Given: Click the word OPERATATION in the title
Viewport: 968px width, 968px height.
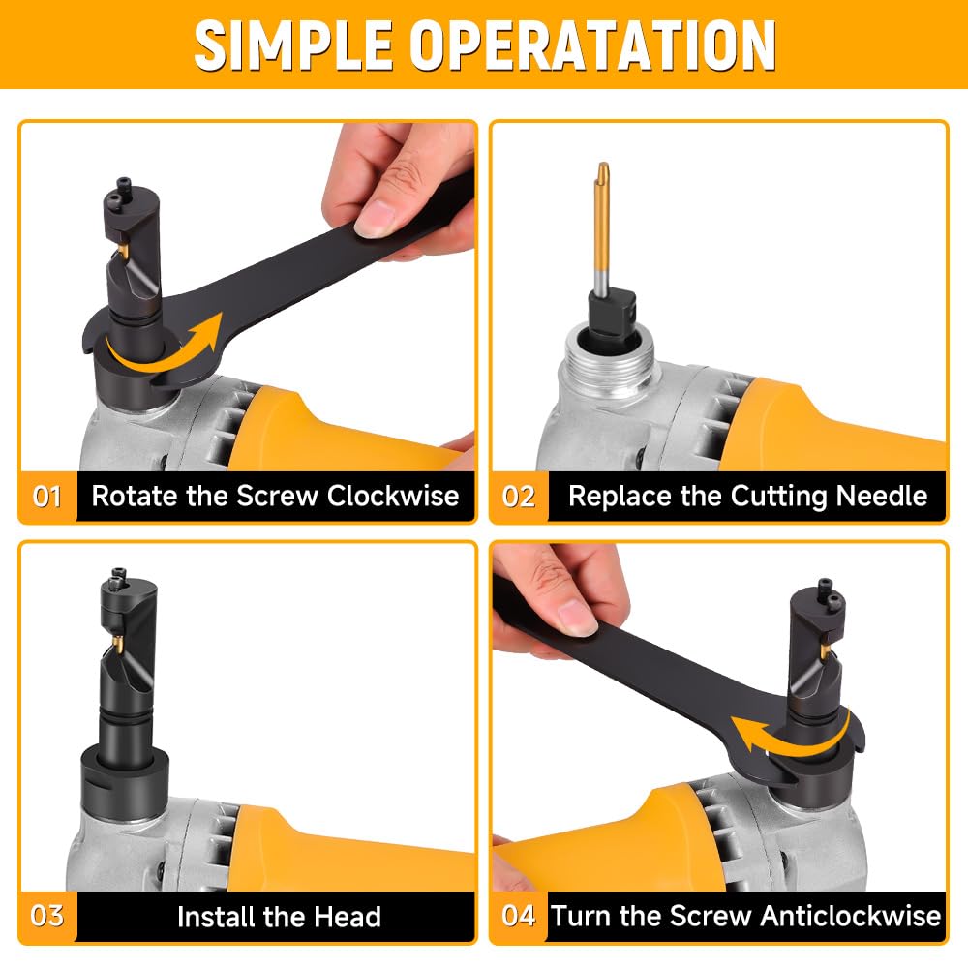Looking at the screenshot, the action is (x=592, y=45).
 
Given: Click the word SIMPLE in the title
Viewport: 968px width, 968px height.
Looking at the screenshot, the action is (x=293, y=45).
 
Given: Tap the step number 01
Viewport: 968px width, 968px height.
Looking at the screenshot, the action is (x=46, y=497).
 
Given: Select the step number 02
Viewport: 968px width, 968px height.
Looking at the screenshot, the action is (x=519, y=497).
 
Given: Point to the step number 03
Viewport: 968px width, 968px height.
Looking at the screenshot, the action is (x=46, y=916).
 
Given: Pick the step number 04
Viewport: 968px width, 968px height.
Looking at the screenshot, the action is (x=519, y=916).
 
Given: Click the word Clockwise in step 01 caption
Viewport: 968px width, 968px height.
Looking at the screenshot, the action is (x=393, y=496).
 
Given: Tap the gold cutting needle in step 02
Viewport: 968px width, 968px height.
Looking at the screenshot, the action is (x=602, y=226).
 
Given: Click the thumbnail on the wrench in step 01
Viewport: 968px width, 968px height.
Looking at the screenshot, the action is (x=377, y=218).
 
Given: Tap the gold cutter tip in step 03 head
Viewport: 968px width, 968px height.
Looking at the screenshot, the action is (x=117, y=647).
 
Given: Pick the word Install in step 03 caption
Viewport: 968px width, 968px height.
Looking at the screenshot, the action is (x=216, y=917).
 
